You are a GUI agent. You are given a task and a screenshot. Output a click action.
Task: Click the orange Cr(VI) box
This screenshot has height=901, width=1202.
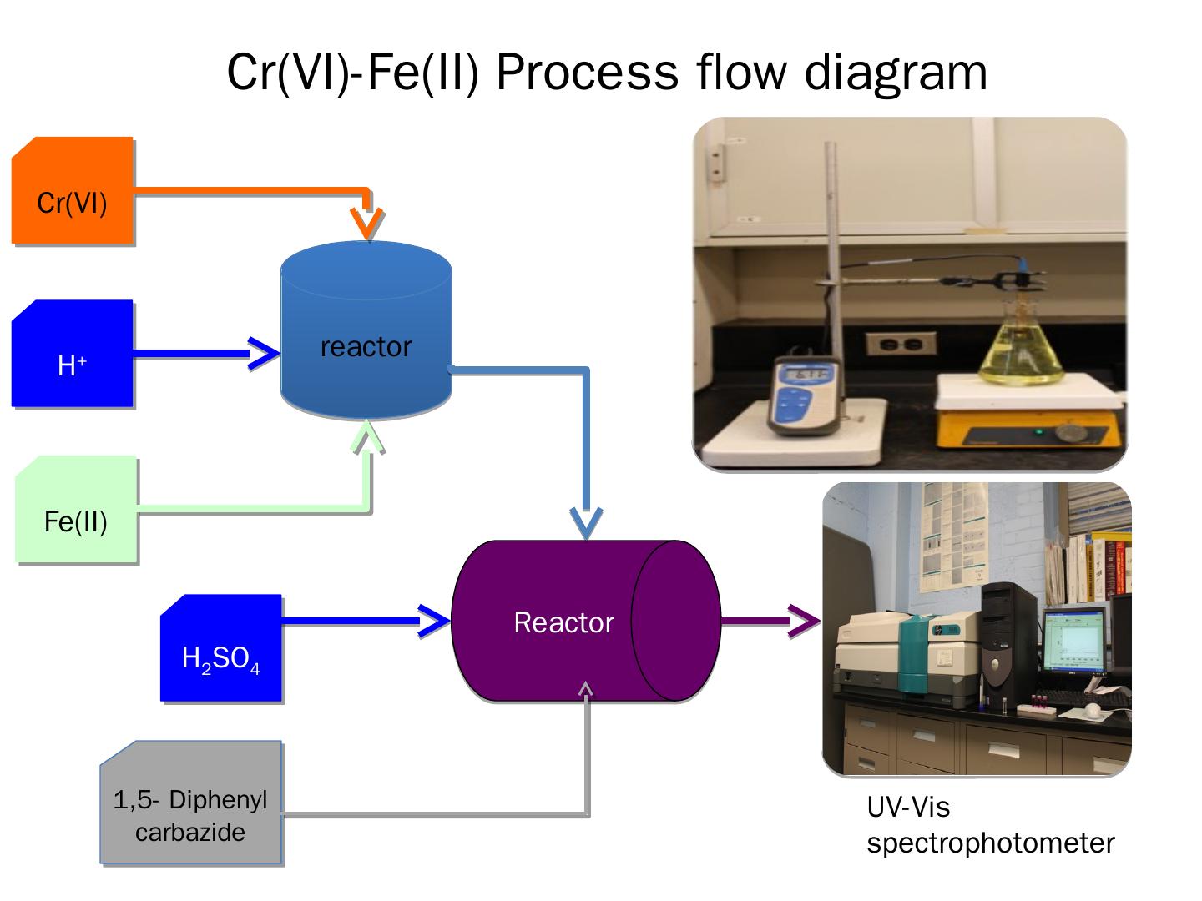[73, 191]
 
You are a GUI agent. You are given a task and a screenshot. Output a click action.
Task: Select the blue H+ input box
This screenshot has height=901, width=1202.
[73, 354]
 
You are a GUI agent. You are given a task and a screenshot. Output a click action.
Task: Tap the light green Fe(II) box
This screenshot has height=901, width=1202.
[76, 510]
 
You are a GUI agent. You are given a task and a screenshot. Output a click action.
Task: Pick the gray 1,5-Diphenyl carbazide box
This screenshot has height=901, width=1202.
[191, 803]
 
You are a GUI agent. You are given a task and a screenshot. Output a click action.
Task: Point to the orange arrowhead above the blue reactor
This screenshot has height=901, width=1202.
[367, 223]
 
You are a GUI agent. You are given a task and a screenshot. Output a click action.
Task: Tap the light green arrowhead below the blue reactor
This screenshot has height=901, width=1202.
[368, 437]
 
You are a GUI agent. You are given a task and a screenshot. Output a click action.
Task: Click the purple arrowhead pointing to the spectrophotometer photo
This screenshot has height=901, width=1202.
[802, 621]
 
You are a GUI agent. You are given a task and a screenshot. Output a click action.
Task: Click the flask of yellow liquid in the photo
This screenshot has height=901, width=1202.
[1024, 355]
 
